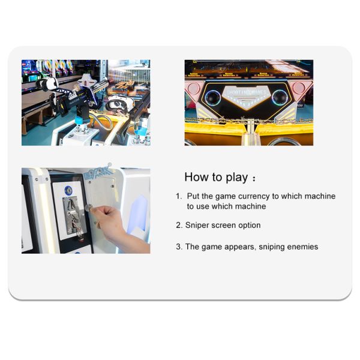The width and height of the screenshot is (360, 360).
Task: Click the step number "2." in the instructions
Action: click(x=179, y=226)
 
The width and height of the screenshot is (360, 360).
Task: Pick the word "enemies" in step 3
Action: click(x=303, y=247)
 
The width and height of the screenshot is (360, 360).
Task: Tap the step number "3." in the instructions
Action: click(x=179, y=247)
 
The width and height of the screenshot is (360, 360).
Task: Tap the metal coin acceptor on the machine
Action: click(x=73, y=217)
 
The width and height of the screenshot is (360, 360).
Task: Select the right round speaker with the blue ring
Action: click(x=280, y=97)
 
